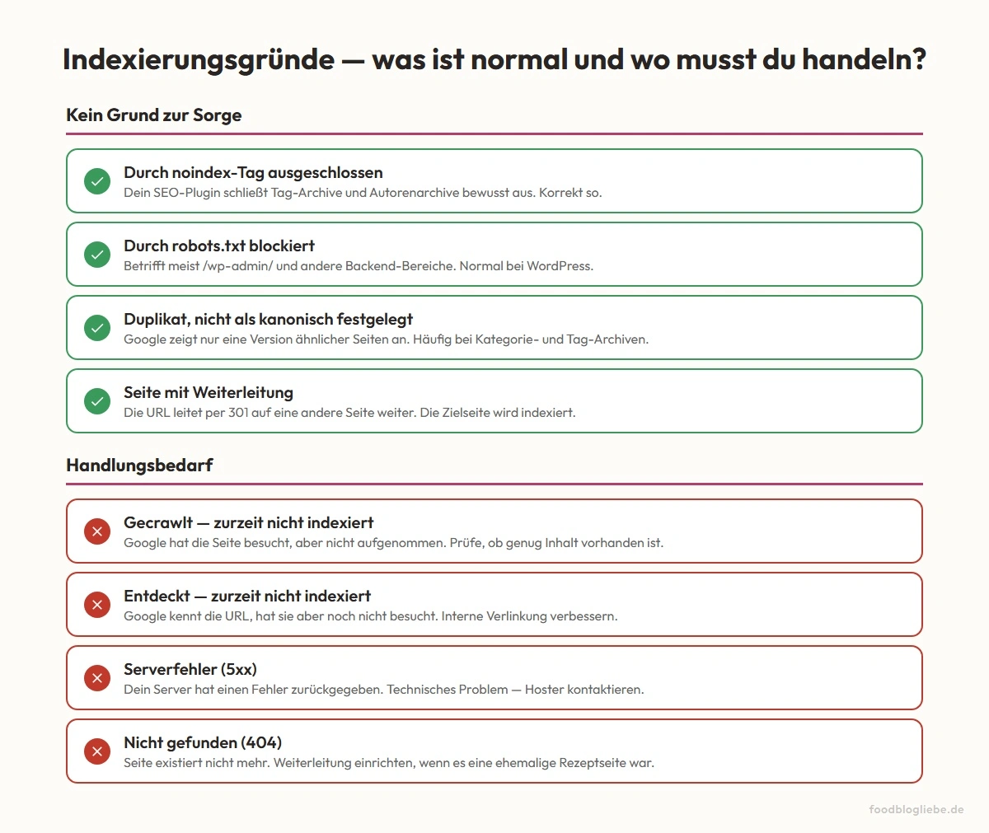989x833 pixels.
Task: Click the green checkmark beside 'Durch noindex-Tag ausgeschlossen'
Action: click(97, 181)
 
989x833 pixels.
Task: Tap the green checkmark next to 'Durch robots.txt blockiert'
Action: click(97, 255)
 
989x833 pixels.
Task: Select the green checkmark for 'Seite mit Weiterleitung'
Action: click(97, 401)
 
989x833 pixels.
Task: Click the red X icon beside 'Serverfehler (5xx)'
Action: click(97, 678)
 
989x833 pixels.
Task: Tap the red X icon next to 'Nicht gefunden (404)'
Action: click(97, 751)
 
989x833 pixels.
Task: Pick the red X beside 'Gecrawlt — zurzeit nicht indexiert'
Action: click(97, 531)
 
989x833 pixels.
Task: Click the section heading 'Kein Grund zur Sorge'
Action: click(154, 115)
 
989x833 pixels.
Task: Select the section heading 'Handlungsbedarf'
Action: click(139, 466)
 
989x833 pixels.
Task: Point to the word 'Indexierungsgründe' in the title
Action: click(199, 60)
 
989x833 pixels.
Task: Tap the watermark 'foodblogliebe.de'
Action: click(916, 810)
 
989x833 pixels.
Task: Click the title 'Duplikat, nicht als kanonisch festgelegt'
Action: click(268, 320)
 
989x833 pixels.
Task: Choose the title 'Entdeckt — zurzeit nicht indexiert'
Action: click(247, 597)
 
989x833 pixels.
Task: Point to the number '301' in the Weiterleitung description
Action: click(238, 413)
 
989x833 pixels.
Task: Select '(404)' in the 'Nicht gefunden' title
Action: click(261, 743)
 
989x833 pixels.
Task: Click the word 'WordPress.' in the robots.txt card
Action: click(560, 266)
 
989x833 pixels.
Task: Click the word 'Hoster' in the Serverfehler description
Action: click(545, 690)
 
